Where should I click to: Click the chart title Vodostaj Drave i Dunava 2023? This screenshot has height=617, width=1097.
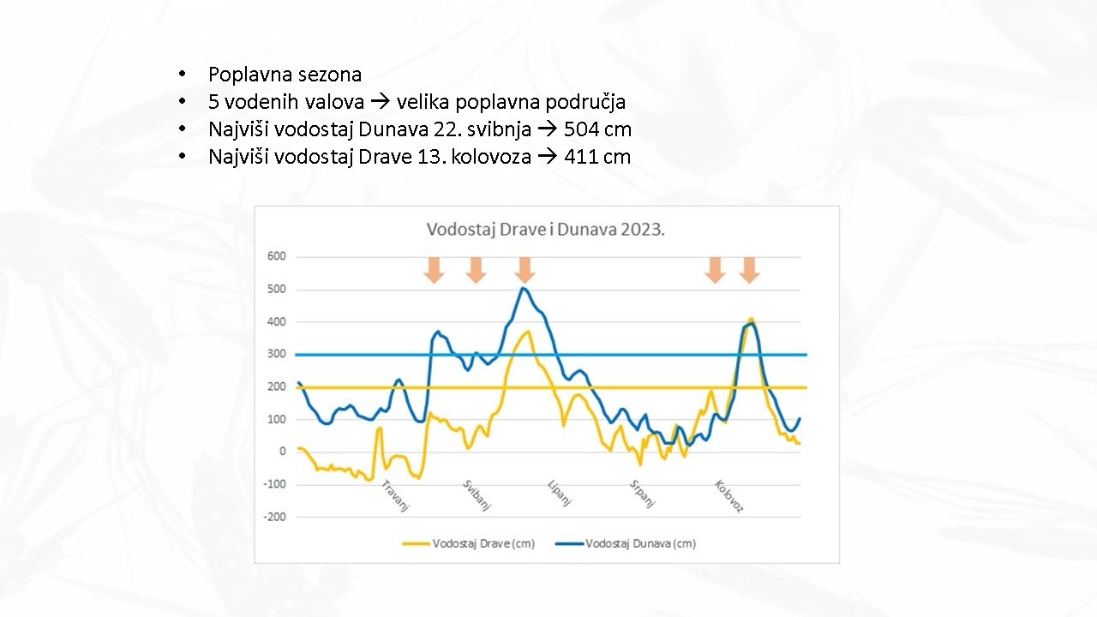546,230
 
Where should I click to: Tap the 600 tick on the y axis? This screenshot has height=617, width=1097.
276,256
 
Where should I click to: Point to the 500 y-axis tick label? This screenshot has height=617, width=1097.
276,289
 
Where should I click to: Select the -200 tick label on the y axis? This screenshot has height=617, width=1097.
274,517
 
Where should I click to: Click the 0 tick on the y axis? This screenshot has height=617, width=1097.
282,452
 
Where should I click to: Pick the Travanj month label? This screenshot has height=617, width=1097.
396,494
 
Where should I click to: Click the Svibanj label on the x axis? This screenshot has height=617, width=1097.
477,494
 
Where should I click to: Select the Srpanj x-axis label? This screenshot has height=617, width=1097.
642,494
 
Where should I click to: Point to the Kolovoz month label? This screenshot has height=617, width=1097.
728,495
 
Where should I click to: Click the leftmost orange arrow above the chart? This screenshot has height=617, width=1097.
435,270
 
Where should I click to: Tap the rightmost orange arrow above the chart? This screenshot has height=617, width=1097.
749,270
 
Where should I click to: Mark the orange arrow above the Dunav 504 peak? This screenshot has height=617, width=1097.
525,270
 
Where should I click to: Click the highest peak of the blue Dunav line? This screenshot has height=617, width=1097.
524,288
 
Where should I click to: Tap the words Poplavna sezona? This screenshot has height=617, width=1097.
285,75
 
